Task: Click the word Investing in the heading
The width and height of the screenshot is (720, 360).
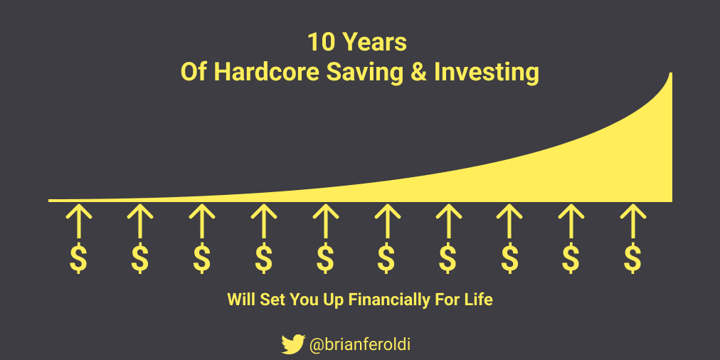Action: [487, 73]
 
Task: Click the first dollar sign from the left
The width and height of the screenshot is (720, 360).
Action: [78, 258]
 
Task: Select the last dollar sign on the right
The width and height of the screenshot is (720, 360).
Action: [632, 258]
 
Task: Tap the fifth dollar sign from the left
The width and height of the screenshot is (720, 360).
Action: [324, 258]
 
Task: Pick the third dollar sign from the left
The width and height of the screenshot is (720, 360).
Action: [201, 258]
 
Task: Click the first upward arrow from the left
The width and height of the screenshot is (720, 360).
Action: [78, 221]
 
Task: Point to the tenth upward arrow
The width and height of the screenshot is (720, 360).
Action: [632, 221]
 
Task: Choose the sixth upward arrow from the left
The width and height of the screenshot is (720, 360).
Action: [386, 221]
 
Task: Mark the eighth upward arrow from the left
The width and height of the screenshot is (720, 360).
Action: [509, 221]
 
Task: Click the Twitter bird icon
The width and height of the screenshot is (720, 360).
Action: [293, 344]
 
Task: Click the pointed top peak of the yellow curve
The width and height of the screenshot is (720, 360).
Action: [672, 73]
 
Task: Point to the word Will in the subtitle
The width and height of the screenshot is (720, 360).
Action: [240, 300]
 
